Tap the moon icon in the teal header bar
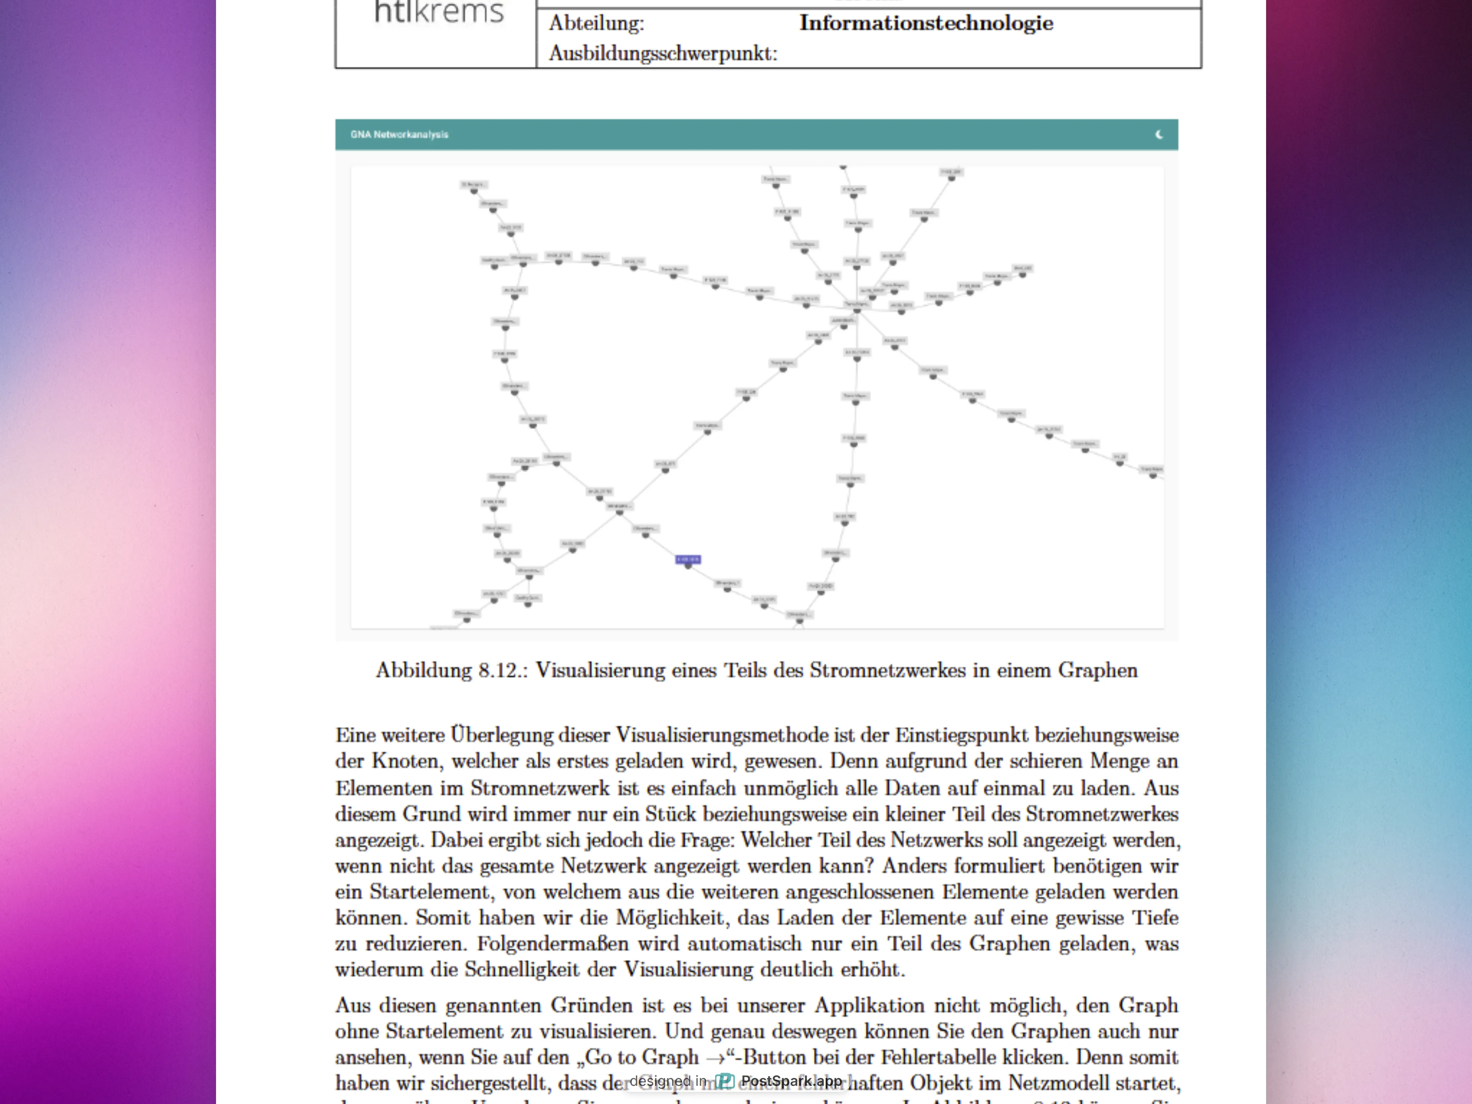click(x=1159, y=134)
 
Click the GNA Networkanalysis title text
click(x=399, y=134)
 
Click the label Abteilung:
click(x=596, y=23)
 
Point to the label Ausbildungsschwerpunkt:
click(x=663, y=53)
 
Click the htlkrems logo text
click(x=439, y=12)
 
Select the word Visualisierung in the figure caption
click(x=599, y=670)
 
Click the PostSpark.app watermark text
click(x=791, y=1081)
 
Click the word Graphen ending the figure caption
click(x=1098, y=670)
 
